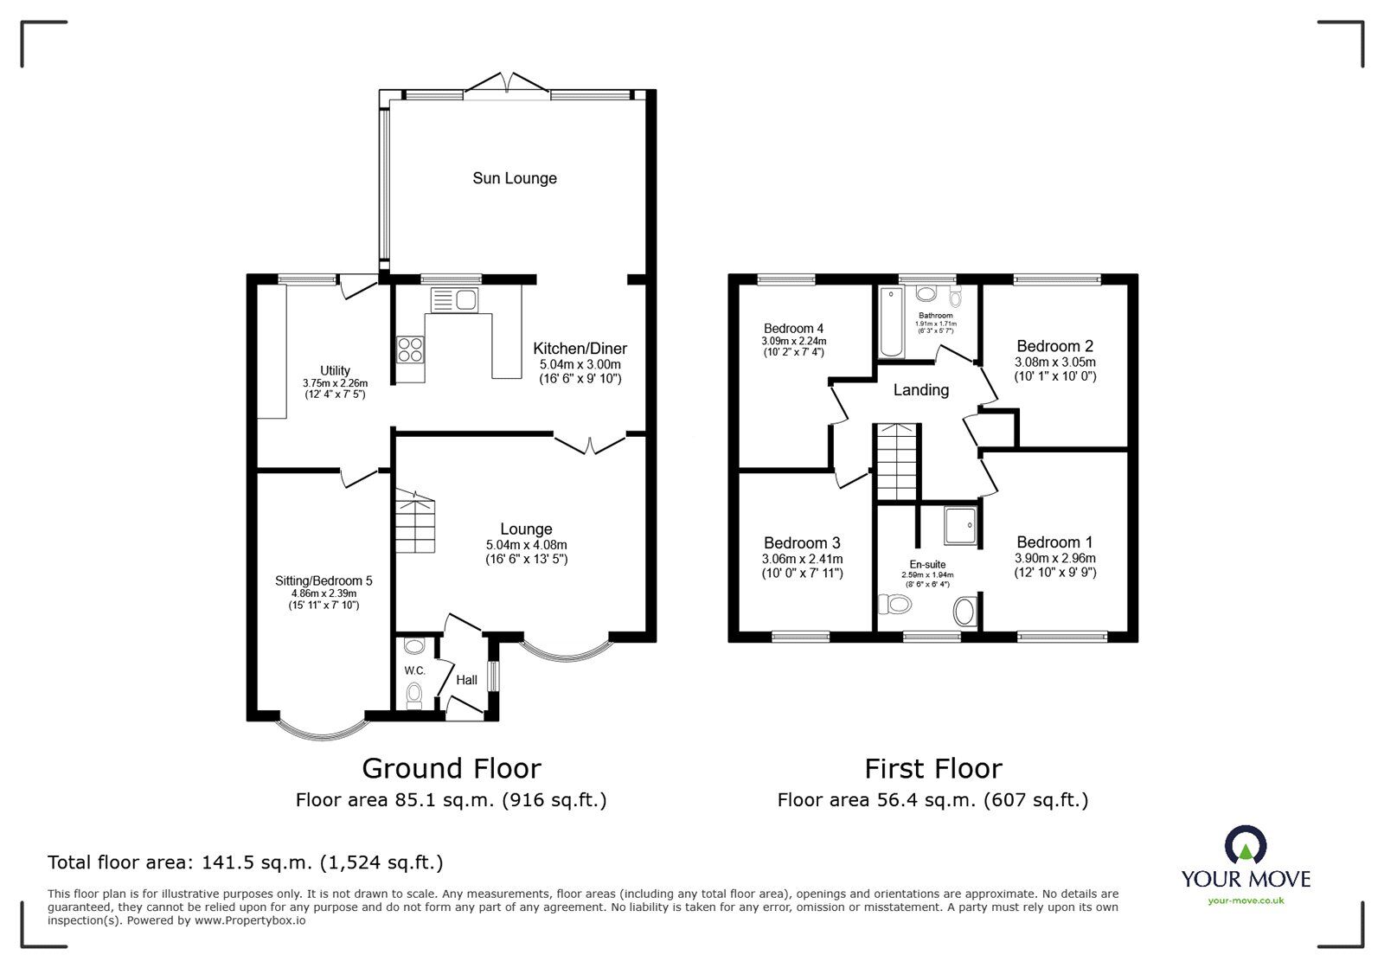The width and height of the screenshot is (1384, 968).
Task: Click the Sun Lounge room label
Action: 514,178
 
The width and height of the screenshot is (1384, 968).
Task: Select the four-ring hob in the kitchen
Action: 410,349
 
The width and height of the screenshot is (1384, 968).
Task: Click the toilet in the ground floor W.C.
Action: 414,693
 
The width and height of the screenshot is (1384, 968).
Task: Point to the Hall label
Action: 466,680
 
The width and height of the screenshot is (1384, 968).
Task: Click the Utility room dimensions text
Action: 335,388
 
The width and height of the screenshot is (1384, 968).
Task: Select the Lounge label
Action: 526,529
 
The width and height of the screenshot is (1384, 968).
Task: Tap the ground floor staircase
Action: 415,522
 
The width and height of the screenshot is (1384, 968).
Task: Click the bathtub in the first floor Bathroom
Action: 891,323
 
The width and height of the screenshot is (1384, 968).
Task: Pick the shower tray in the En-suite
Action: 961,527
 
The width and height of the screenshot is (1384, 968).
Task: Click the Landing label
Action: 920,390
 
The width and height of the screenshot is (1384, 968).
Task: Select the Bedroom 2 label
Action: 1054,346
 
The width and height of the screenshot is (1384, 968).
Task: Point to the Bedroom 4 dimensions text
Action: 792,346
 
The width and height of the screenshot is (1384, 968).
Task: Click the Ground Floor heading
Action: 451,768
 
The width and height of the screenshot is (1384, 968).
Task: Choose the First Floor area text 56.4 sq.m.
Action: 932,800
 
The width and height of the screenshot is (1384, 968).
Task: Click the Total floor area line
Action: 245,862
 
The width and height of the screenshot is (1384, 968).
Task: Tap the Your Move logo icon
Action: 1245,845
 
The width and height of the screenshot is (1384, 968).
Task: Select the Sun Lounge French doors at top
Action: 507,83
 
